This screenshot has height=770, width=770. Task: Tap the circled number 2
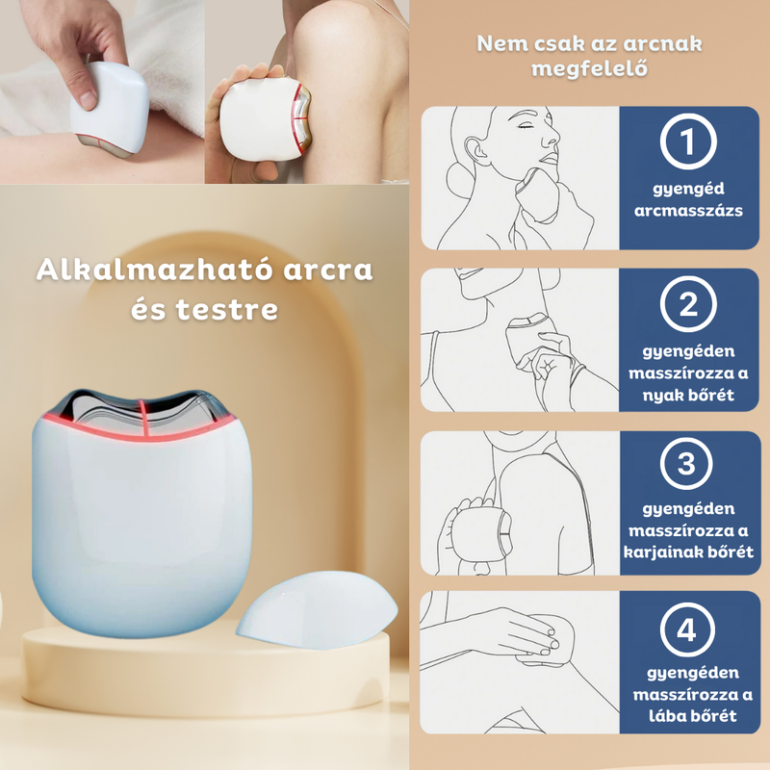click(x=687, y=307)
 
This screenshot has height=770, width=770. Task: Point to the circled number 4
click(x=687, y=630)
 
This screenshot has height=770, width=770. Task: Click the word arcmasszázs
click(x=687, y=211)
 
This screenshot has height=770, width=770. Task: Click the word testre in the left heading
click(x=236, y=310)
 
